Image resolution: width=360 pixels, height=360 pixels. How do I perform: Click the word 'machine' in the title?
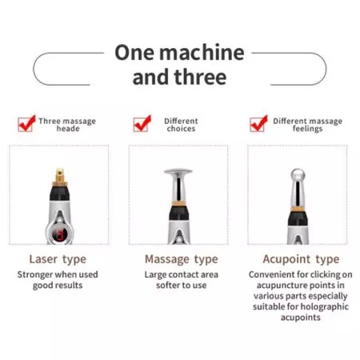click(x=202, y=52)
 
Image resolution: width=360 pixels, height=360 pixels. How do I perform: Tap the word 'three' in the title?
click(x=200, y=78)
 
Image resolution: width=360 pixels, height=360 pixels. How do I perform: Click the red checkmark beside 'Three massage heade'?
click(x=26, y=123)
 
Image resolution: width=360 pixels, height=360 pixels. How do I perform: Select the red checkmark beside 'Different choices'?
click(x=142, y=123)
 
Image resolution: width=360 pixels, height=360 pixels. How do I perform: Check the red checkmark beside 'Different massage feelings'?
click(x=258, y=123)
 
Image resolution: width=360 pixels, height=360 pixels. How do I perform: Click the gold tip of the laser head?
click(x=60, y=177)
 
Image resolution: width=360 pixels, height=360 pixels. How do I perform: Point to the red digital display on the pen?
click(x=58, y=234)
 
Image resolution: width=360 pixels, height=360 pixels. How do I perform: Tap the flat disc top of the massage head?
click(x=178, y=171)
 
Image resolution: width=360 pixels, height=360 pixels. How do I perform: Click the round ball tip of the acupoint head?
click(x=298, y=175)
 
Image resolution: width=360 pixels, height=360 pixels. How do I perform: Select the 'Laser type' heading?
click(x=58, y=259)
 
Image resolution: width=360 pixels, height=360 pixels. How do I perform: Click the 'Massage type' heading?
click(x=182, y=259)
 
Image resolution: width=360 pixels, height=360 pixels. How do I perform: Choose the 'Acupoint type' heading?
click(x=301, y=259)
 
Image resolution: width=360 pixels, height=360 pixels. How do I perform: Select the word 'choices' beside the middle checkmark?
click(x=181, y=129)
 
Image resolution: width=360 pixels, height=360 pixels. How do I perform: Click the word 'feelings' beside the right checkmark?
click(x=307, y=129)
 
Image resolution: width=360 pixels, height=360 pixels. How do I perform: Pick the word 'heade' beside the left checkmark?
click(x=68, y=129)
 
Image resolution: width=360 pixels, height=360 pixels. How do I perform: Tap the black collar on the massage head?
click(x=179, y=213)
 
